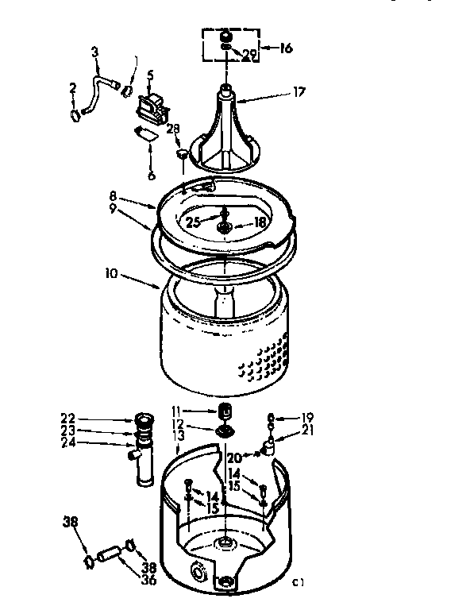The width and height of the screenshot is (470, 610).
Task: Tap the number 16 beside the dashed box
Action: [286, 48]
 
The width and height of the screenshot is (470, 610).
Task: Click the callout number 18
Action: [260, 224]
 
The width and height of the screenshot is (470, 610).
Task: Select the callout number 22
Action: [67, 419]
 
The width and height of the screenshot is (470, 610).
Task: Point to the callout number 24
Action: [67, 442]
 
